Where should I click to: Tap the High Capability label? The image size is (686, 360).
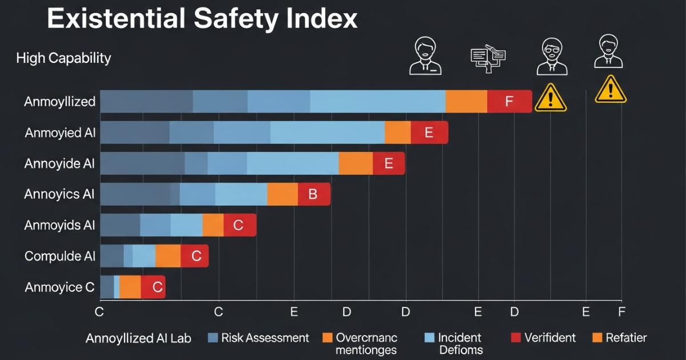click(x=63, y=58)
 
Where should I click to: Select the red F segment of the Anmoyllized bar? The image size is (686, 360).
click(x=509, y=102)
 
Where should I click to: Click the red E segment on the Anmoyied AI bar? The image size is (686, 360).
click(x=429, y=133)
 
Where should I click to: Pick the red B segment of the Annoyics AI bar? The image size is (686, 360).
click(x=313, y=194)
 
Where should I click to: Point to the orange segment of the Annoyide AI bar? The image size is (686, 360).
click(x=356, y=163)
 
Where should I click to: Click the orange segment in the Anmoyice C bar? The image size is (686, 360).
click(x=130, y=287)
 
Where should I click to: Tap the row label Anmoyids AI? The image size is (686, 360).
click(x=59, y=225)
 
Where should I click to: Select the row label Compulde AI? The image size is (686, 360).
click(x=59, y=256)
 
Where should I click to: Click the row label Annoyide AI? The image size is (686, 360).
click(x=59, y=163)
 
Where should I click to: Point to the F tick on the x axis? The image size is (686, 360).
click(x=621, y=311)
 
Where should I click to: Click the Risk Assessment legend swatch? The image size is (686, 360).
click(x=213, y=338)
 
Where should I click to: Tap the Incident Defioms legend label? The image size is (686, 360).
click(x=460, y=343)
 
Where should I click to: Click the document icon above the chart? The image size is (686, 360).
click(x=488, y=58)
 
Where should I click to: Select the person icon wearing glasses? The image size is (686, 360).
click(x=552, y=56)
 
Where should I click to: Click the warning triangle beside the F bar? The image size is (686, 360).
click(x=550, y=98)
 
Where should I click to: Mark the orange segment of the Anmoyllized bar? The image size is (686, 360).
click(x=466, y=102)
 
